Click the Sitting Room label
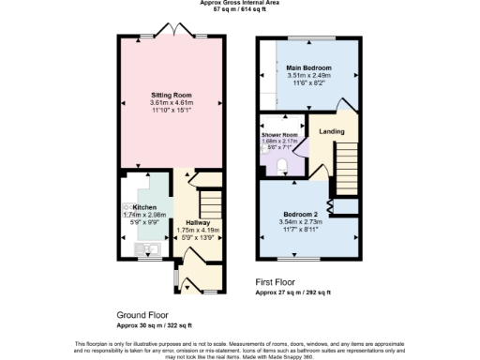172,95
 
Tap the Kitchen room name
144,207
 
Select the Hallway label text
198,222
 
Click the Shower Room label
279,135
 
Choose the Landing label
333,131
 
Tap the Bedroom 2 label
301,214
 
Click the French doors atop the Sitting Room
172,34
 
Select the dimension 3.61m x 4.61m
172,102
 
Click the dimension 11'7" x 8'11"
301,229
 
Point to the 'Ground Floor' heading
142,315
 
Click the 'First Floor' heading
278,281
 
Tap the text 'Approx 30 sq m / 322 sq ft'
154,325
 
